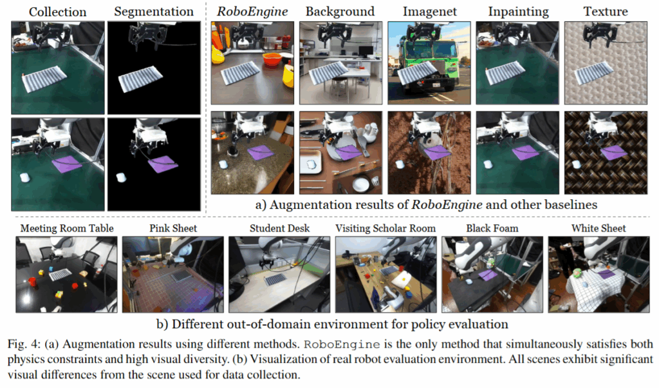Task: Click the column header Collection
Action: point(57,12)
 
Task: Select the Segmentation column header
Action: point(154,12)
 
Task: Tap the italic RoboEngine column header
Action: point(252,12)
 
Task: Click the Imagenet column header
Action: point(429,12)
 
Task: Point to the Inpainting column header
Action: point(518,12)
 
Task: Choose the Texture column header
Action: point(605,12)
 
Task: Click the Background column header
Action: point(340,12)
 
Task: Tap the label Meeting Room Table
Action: point(67,228)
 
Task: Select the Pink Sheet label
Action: point(173,228)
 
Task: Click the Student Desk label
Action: point(279,228)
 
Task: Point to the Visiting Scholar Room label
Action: point(385,228)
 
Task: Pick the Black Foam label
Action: point(492,228)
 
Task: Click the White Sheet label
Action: point(599,228)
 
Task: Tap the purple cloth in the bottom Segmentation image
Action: point(162,164)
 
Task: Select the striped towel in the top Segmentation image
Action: point(140,78)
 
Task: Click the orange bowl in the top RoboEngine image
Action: point(272,60)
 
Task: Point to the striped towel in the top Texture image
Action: point(595,73)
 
